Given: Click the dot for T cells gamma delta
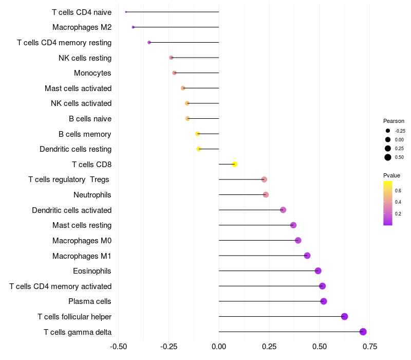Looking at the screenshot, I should coord(363,332).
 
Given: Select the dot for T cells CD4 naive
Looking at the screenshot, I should coord(126,12).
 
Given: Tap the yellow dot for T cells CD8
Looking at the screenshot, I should coord(235,165).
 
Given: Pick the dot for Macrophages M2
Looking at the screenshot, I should coord(133,27).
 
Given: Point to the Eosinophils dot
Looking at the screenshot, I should coord(318,271).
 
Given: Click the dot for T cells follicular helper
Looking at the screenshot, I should coord(345,317).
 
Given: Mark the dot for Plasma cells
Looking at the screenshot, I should coord(324,301).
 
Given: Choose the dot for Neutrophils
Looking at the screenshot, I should coord(266,195).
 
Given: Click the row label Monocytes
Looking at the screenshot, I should coord(92,73).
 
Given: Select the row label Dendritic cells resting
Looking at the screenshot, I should coord(76,149).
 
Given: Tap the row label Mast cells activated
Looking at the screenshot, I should coord(78,88).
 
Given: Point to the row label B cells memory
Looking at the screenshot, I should coord(85,134).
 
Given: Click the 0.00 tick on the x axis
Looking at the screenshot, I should coord(219,347).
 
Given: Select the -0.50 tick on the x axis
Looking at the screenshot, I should coord(119,347).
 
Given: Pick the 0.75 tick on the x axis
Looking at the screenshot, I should coord(369,347).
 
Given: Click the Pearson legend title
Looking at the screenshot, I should coord(394,121).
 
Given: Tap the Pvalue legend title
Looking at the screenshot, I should coord(391,175).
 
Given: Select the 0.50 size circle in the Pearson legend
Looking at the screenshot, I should coord(388,157).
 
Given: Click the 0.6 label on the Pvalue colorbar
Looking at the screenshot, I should coord(398,190).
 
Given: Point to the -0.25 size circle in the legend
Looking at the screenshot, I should coord(388,131).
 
